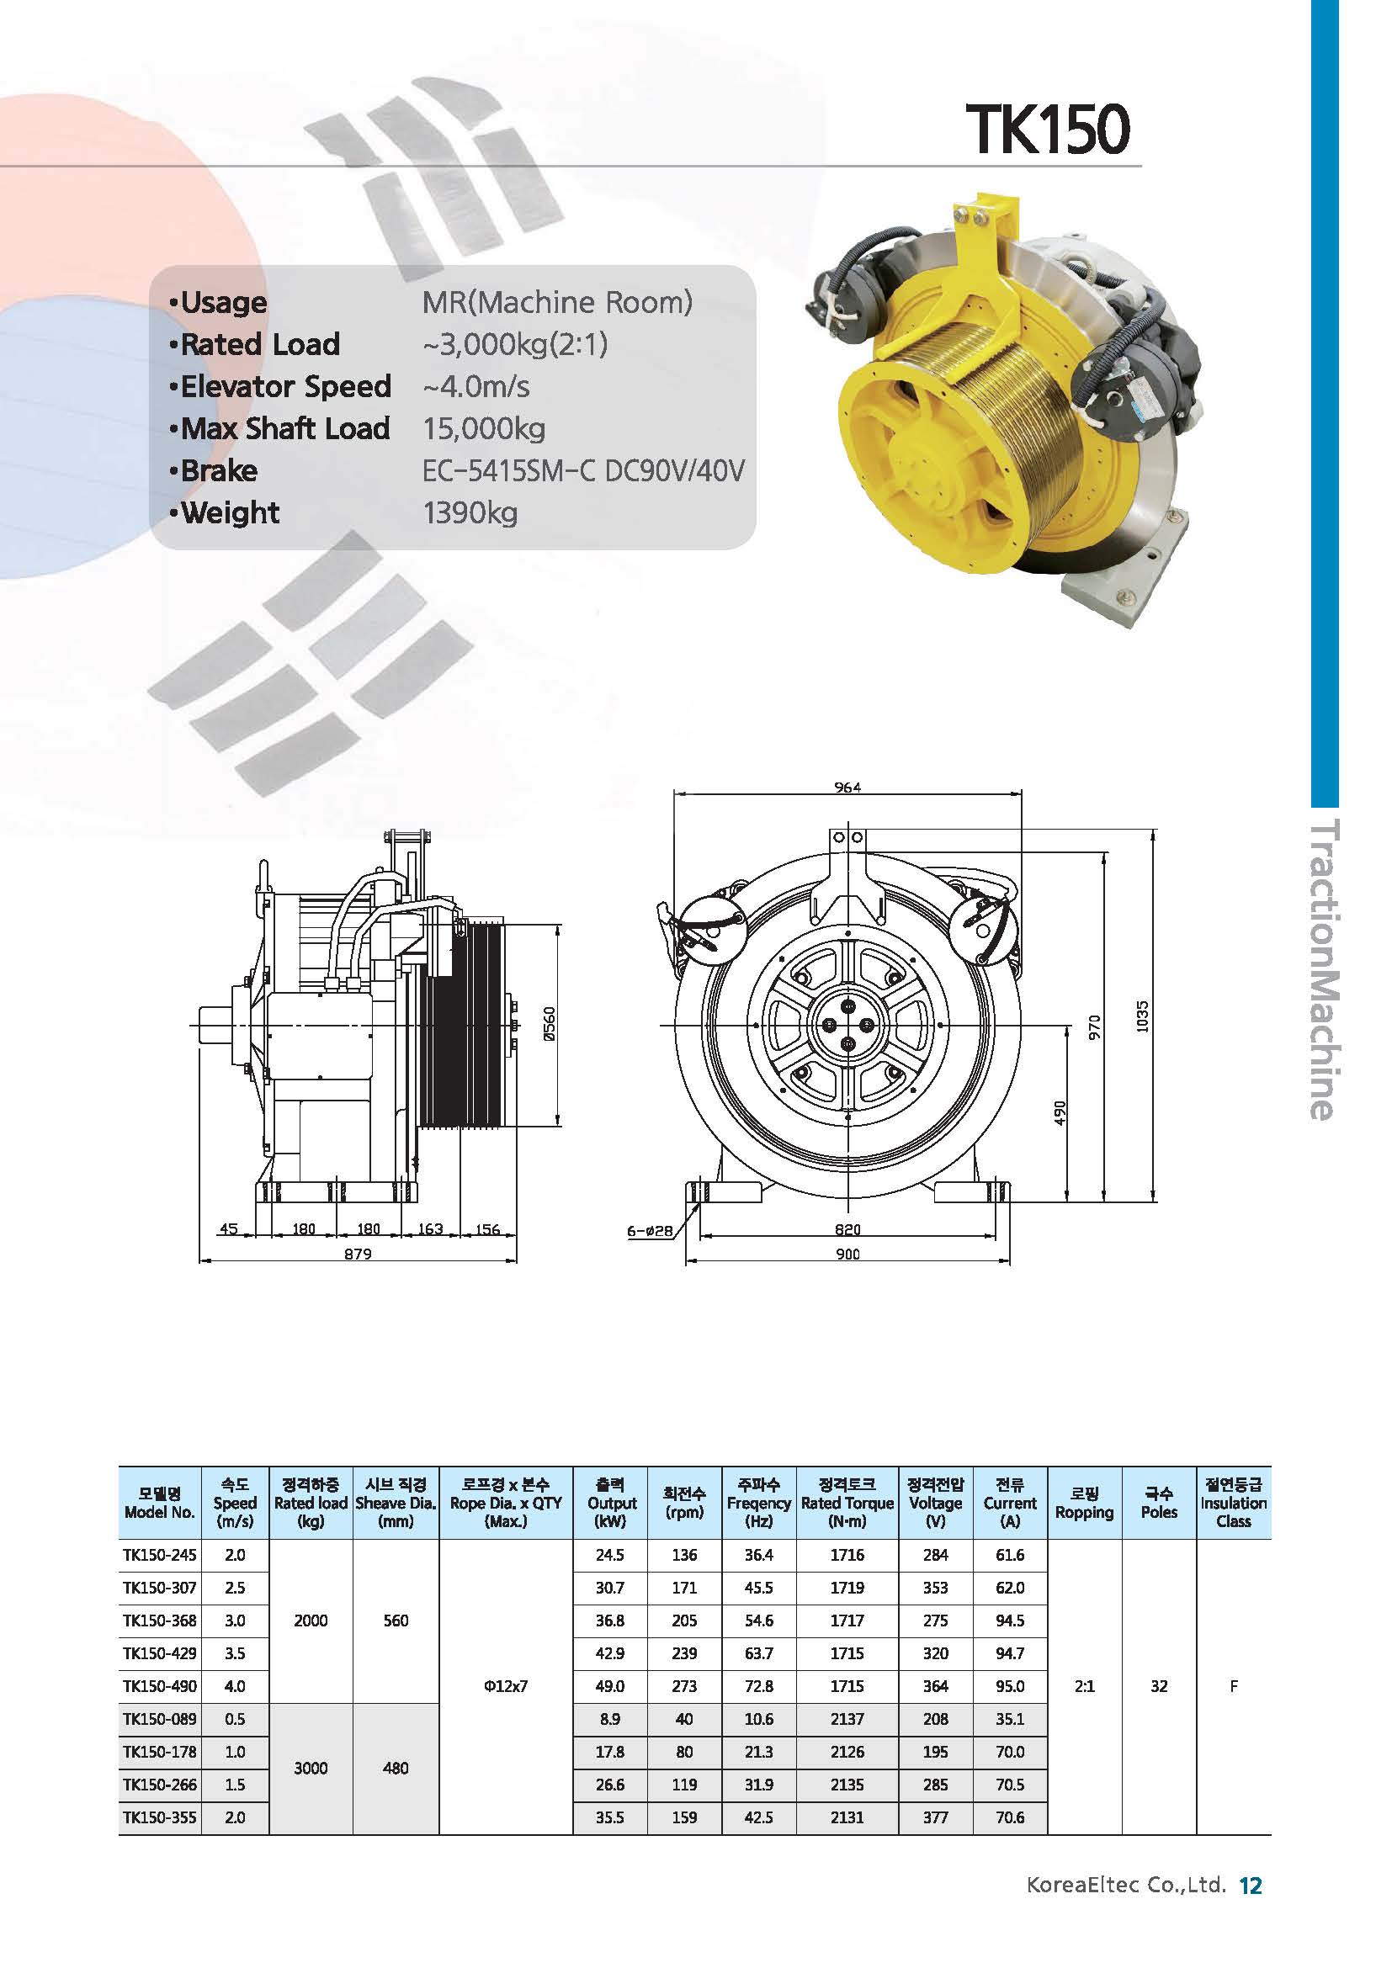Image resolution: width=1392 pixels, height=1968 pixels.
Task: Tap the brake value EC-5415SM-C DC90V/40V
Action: pyautogui.click(x=584, y=470)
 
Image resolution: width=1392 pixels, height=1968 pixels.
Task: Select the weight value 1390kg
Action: pyautogui.click(x=470, y=512)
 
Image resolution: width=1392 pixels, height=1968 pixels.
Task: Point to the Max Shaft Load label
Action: pyautogui.click(x=284, y=428)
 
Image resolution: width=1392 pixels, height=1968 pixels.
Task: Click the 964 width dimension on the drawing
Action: pyautogui.click(x=847, y=787)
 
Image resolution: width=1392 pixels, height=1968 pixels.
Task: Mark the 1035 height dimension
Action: pyautogui.click(x=1141, y=1017)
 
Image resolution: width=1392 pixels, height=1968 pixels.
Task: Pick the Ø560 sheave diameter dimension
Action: pyautogui.click(x=550, y=1024)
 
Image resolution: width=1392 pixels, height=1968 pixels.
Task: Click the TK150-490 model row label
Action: pyautogui.click(x=159, y=1685)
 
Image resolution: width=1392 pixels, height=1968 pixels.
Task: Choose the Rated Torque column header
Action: pyautogui.click(x=847, y=1511)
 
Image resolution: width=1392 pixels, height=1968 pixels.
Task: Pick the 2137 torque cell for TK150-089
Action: pyautogui.click(x=847, y=1718)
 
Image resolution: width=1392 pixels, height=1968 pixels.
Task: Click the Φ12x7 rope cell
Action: pyautogui.click(x=506, y=1685)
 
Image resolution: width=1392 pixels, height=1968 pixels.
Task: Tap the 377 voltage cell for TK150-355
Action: pyautogui.click(x=935, y=1817)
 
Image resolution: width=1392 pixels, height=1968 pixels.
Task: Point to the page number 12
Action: pyautogui.click(x=1251, y=1909)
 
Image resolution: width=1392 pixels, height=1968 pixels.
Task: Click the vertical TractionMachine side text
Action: pyautogui.click(x=1323, y=969)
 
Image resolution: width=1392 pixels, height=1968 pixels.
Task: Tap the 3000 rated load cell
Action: pyautogui.click(x=311, y=1768)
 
